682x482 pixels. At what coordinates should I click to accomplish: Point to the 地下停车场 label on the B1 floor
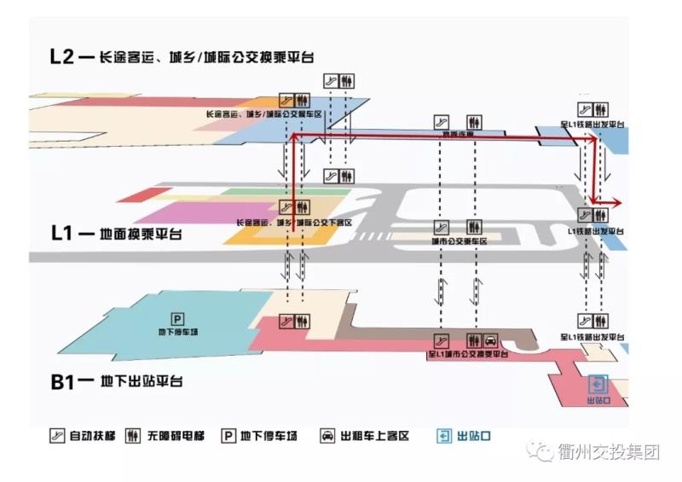point(178,332)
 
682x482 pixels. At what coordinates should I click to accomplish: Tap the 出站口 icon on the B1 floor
point(598,384)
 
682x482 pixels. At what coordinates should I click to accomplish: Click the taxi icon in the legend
point(327,436)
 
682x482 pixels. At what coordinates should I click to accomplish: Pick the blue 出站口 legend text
point(474,436)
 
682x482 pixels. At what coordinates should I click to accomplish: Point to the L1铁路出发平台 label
point(597,231)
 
